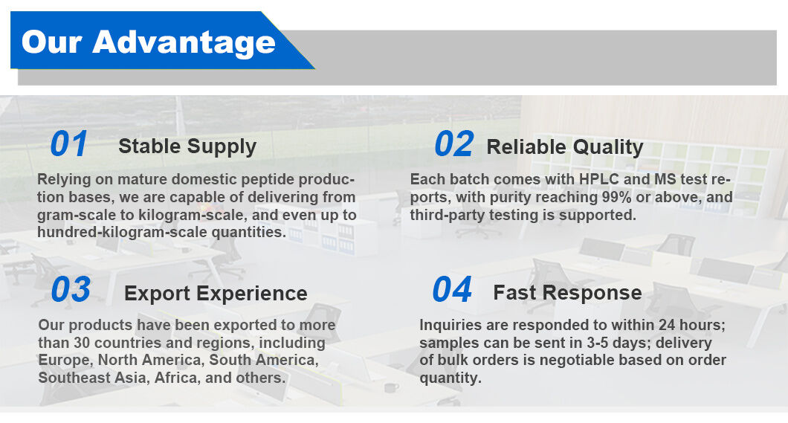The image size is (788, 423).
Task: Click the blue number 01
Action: [69, 143]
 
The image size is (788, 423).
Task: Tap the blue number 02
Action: [453, 143]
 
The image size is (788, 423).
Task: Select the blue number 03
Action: [71, 289]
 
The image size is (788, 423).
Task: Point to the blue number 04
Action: [452, 289]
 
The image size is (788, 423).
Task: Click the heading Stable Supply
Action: [187, 146]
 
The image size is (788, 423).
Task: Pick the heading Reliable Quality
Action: [565, 147]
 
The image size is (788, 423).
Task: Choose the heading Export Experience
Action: [216, 294]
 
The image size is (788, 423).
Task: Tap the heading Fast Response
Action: [567, 292]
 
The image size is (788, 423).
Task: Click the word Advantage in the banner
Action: [184, 42]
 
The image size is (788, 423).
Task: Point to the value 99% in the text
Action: [616, 197]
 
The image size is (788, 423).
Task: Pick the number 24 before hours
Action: [667, 325]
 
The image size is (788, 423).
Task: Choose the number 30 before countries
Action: [82, 343]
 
